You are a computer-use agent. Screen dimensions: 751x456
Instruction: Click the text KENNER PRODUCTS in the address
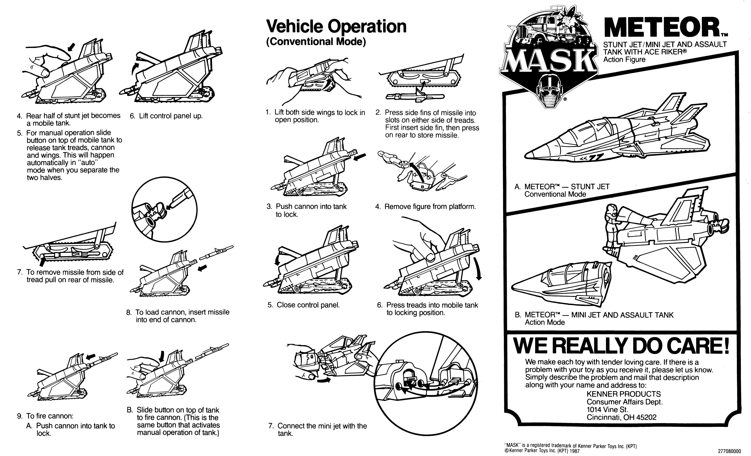tap(624, 394)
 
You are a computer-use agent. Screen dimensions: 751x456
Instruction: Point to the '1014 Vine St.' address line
tap(607, 410)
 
